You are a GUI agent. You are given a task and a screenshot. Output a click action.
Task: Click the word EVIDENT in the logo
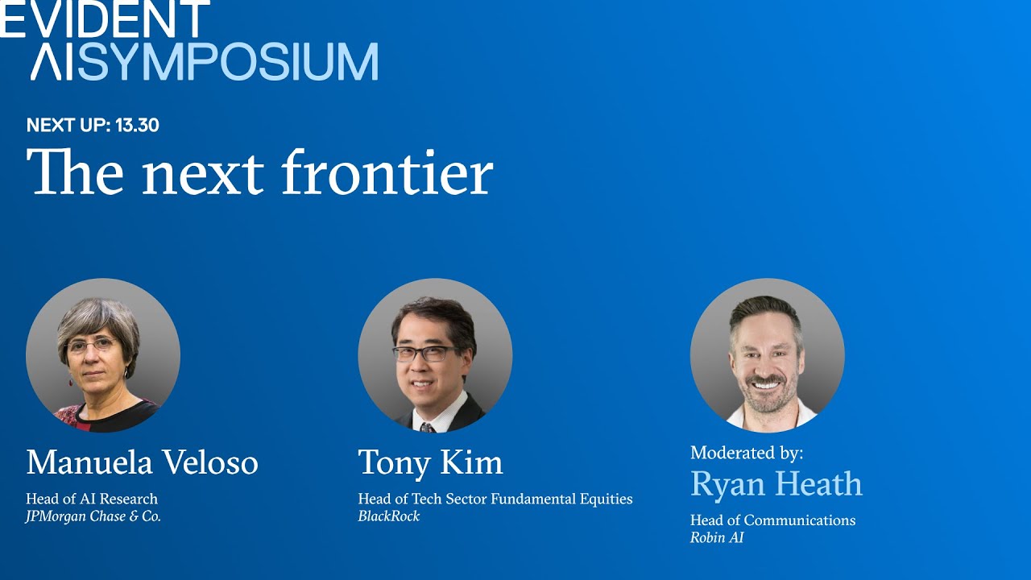105,19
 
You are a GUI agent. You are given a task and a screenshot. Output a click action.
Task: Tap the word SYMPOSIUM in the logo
228,63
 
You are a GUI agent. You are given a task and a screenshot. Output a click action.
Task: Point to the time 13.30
137,126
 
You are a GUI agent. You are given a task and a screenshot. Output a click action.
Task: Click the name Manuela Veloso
142,462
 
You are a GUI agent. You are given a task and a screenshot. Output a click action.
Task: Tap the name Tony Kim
430,462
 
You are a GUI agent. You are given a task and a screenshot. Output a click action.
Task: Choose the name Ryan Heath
776,483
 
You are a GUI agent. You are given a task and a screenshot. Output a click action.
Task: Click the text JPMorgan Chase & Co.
93,517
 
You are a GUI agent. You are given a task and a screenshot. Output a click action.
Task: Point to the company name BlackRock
389,516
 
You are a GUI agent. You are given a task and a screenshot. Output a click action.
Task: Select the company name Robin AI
716,537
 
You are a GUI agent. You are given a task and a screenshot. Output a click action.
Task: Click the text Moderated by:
747,453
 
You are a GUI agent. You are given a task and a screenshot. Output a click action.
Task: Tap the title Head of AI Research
92,499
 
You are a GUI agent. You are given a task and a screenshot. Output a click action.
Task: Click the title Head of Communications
772,520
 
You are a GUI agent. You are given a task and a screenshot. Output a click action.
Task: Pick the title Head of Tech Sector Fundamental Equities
495,499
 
